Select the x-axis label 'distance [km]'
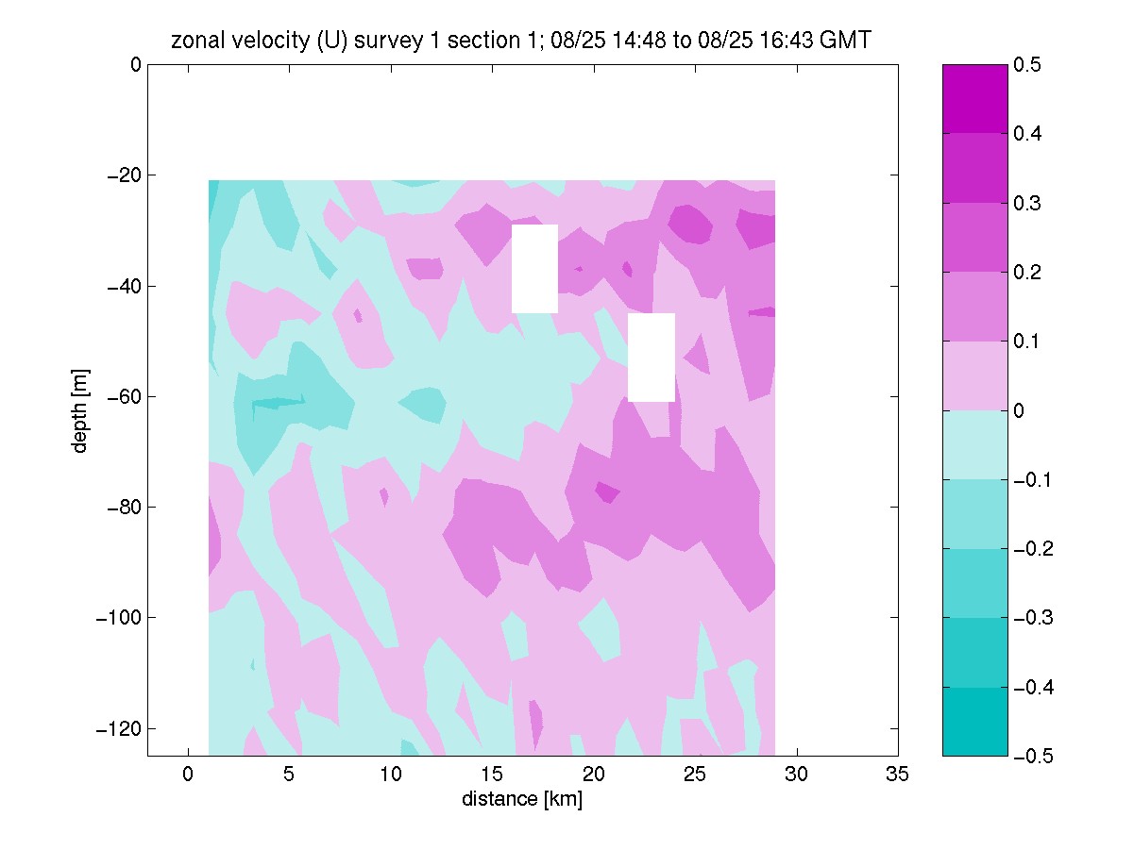coord(522,799)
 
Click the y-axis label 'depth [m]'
coord(80,410)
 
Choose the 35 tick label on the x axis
coord(897,774)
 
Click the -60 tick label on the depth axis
coord(124,396)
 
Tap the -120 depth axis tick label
coord(118,728)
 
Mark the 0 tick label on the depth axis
coord(136,64)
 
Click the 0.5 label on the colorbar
coord(1026,64)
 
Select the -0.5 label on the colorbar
coord(1033,756)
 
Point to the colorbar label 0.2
coord(1026,272)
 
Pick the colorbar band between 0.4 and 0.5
coord(974,99)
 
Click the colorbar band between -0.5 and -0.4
coord(974,722)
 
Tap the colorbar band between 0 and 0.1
coord(974,375)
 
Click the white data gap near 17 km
coord(534,269)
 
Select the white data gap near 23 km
coord(652,358)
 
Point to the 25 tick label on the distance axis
coord(695,774)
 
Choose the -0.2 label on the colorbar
coord(1033,549)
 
